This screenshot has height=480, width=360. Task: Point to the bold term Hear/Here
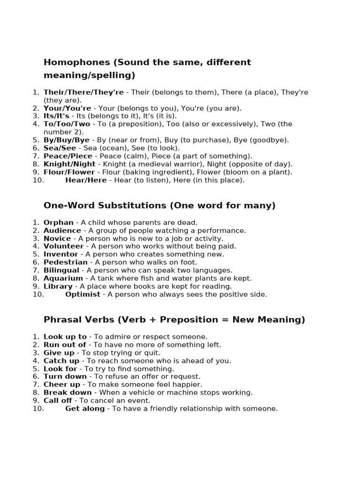click(86, 180)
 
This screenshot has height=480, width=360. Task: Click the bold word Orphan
click(59, 223)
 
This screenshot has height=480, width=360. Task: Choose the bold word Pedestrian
click(66, 262)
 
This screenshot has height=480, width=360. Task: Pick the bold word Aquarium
click(63, 278)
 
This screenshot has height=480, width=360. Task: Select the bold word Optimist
click(82, 294)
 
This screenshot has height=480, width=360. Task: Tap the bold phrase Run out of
click(65, 345)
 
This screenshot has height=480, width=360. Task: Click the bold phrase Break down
click(67, 392)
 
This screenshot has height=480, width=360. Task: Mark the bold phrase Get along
click(85, 408)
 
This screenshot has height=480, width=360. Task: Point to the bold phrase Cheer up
click(62, 384)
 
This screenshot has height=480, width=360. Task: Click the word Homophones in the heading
click(76, 62)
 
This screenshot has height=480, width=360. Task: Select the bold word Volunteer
click(63, 246)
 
